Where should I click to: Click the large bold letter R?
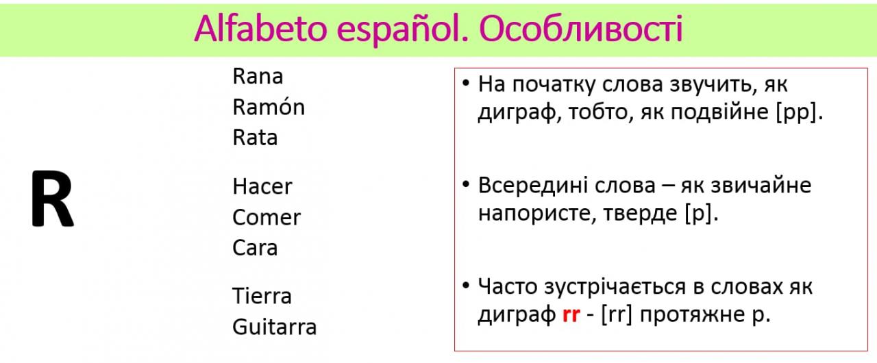tap(53, 199)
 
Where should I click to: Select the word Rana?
tap(258, 76)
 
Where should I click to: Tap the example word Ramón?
tap(269, 106)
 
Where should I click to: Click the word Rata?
tap(255, 137)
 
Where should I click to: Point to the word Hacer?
tap(262, 186)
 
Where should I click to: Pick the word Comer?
tap(267, 217)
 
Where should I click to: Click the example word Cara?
tap(255, 248)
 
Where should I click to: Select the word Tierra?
tap(262, 296)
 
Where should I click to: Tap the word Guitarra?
tap(274, 327)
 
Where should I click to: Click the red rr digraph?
tap(571, 314)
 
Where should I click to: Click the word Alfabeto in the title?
tap(260, 28)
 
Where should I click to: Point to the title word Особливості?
tap(581, 28)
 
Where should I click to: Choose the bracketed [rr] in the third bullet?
tap(617, 314)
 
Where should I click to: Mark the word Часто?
tap(508, 286)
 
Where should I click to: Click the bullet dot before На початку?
tap(465, 83)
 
